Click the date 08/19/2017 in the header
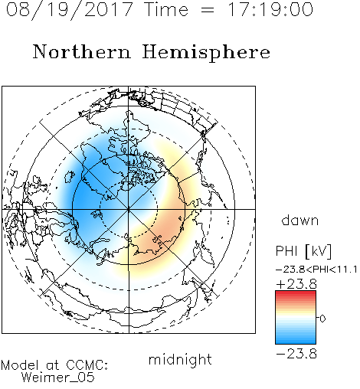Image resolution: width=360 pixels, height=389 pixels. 70,10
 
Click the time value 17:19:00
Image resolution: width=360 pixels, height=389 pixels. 270,9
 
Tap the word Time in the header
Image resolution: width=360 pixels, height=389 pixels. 166,9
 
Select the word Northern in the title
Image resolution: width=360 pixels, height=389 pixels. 82,51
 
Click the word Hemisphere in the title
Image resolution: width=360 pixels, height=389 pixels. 206,53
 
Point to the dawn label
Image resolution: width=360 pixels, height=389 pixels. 300,221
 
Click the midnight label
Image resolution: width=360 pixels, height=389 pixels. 180,359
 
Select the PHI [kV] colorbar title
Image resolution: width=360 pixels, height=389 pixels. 303,251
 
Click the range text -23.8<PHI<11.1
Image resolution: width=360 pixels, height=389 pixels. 316,270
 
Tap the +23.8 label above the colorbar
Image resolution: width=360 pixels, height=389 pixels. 296,284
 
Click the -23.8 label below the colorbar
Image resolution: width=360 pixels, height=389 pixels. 296,354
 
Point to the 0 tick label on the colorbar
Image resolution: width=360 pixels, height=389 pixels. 322,319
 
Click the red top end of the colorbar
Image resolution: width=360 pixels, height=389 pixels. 296,293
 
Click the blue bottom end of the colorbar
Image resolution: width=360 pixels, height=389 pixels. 296,342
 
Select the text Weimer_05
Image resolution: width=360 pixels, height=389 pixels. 58,378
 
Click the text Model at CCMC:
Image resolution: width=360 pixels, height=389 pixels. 54,365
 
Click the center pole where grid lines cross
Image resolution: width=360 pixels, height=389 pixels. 129,209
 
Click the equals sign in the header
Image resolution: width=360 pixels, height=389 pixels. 208,10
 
